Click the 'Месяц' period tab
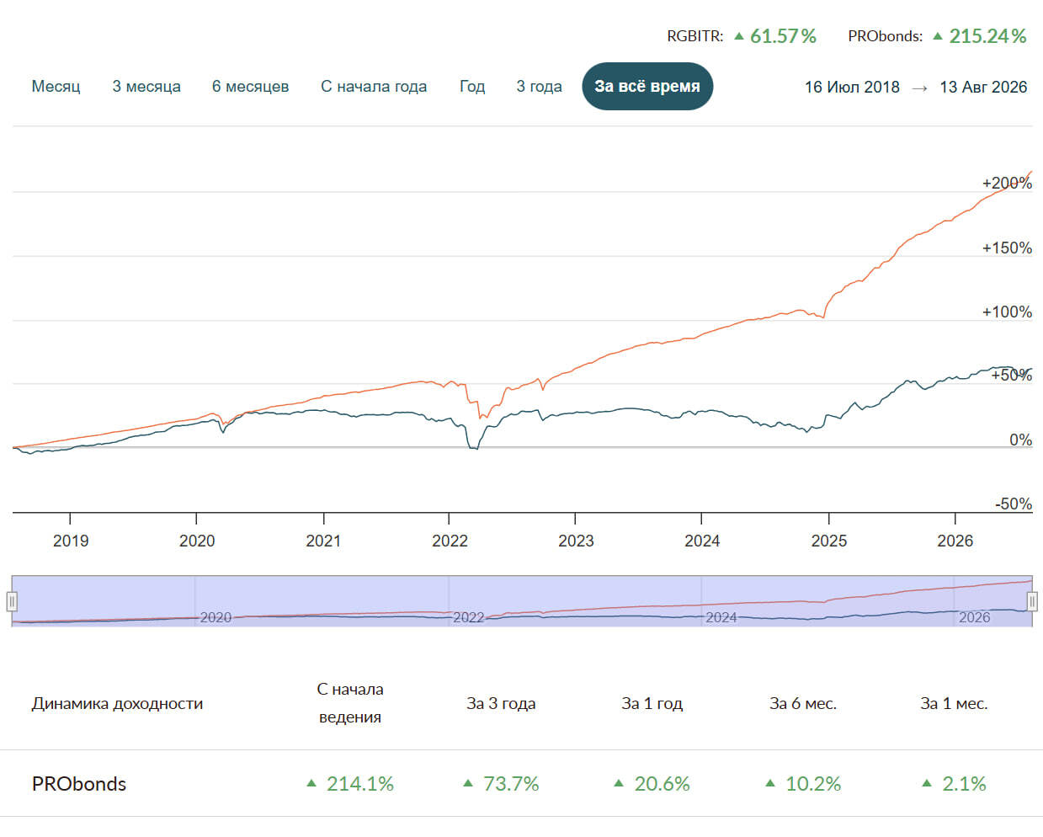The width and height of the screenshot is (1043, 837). click(56, 87)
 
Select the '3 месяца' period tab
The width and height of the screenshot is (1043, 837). click(146, 87)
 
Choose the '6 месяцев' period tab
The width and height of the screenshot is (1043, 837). click(250, 87)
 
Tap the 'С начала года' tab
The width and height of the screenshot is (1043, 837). click(374, 87)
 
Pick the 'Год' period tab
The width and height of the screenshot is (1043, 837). click(472, 87)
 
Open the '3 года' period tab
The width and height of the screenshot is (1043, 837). click(539, 87)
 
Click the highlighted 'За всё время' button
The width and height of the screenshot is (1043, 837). click(647, 87)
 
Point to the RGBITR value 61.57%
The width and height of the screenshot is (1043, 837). click(783, 36)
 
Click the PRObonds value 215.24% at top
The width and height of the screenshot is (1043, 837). click(987, 36)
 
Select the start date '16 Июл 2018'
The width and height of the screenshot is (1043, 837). click(852, 87)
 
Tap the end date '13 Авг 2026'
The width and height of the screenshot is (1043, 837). click(983, 87)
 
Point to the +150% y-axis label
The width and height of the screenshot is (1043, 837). click(1007, 248)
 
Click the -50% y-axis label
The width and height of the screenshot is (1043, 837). click(1014, 504)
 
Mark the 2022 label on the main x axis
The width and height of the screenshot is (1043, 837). click(450, 541)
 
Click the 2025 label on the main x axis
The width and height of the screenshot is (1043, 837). click(829, 541)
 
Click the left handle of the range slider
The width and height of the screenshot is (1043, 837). click(12, 601)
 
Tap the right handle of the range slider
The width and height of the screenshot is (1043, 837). click(1032, 601)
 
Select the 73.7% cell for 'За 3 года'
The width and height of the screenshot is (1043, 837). click(511, 784)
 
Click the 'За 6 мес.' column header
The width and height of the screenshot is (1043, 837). click(803, 703)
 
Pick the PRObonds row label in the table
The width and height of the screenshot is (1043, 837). click(79, 784)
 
